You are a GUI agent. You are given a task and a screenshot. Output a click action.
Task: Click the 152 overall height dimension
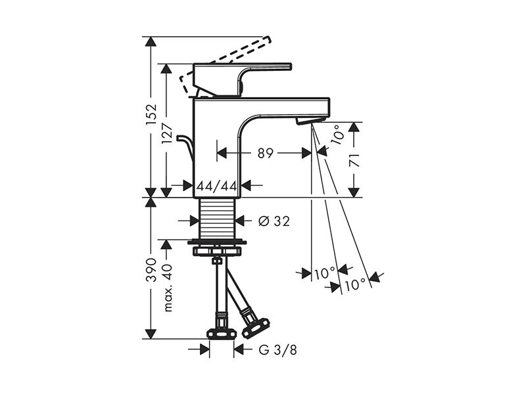[152, 114]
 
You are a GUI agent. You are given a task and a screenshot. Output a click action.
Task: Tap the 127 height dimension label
[167, 133]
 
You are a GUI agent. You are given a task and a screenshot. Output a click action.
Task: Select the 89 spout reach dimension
[266, 153]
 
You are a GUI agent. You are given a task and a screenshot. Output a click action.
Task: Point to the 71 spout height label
[355, 161]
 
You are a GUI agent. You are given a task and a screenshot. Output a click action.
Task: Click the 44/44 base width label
[217, 186]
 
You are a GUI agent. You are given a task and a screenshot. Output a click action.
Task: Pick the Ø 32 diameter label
[274, 221]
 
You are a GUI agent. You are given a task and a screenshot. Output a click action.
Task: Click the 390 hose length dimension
[152, 270]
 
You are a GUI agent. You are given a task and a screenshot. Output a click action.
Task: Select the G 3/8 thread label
[277, 351]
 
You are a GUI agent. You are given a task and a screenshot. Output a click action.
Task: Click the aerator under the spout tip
[310, 121]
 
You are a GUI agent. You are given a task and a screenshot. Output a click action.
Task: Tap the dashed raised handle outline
[226, 64]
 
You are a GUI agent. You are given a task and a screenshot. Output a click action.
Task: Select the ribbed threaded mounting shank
[217, 218]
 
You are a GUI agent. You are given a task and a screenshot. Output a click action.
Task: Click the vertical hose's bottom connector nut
[220, 334]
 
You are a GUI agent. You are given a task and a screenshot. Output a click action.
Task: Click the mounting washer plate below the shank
[217, 241]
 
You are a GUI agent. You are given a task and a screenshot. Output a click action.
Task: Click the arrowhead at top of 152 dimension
[151, 41]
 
